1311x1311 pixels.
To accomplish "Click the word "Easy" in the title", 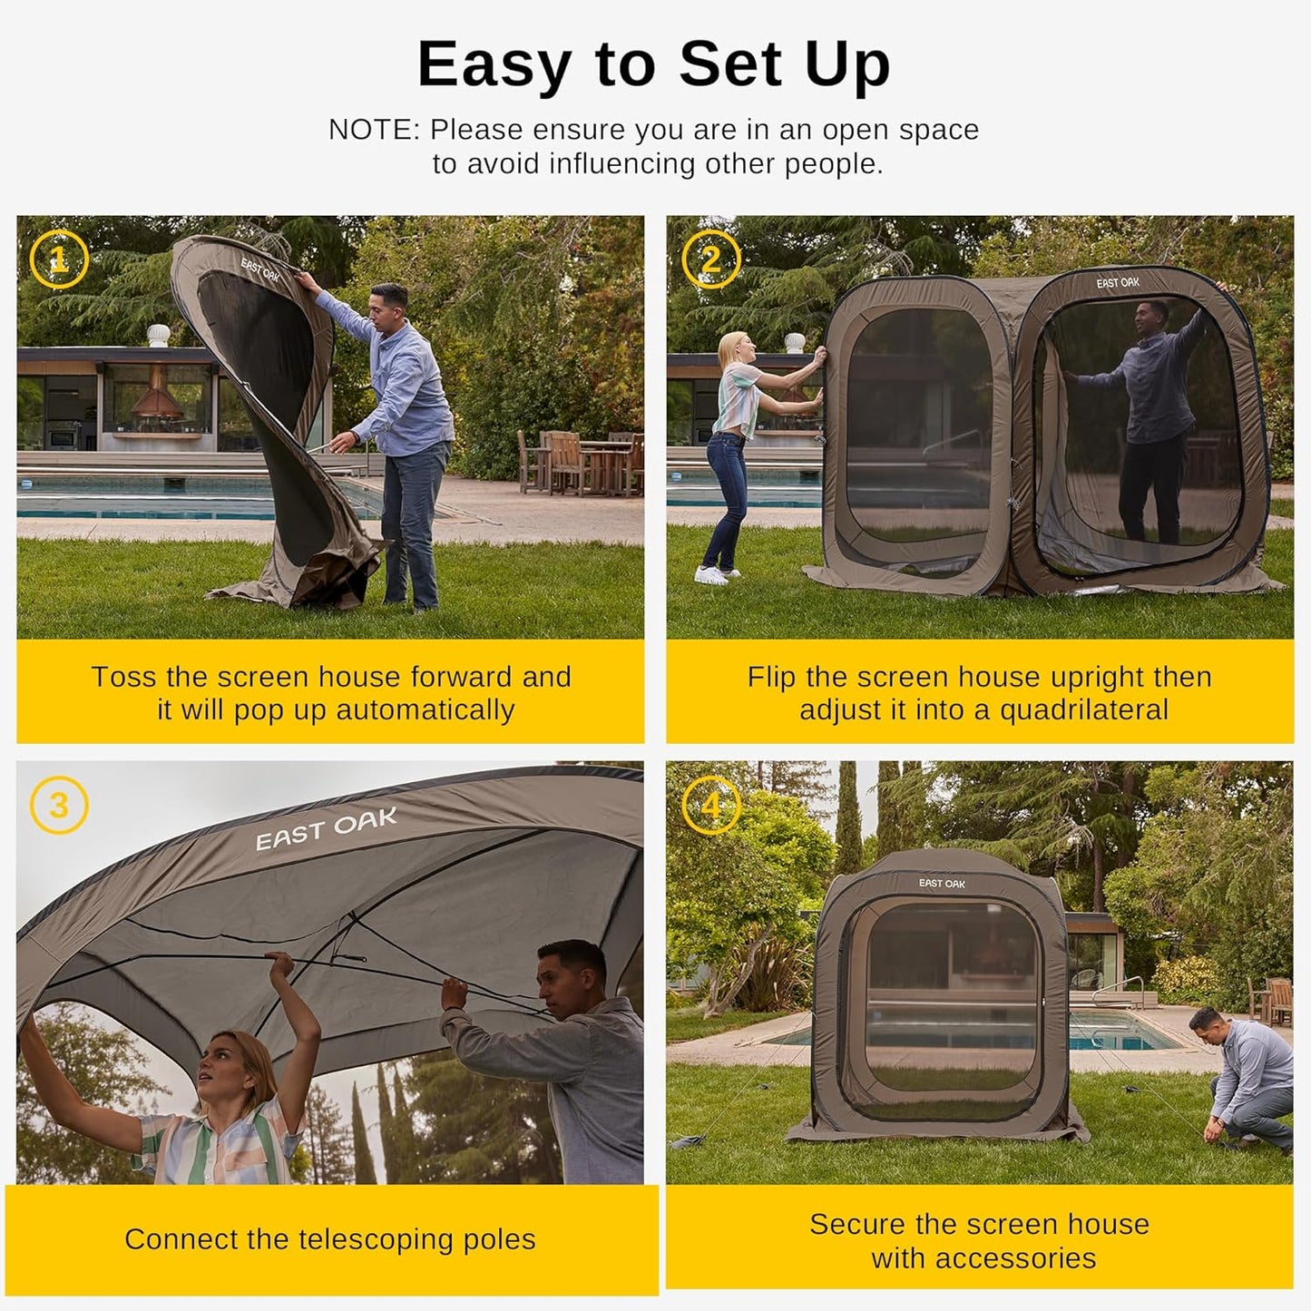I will (x=494, y=65).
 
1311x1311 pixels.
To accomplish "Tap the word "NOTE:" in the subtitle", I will (x=374, y=130).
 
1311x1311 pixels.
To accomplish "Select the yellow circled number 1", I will (x=59, y=260).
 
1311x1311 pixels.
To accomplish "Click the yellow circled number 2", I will (x=710, y=260).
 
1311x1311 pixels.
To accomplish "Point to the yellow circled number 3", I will (x=59, y=805).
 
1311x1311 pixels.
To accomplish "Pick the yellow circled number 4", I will (x=710, y=805).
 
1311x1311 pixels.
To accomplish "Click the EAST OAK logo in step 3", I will (x=327, y=830).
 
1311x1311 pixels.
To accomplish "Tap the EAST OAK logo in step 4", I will (x=942, y=883).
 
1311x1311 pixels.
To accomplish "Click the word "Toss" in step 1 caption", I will (x=123, y=677).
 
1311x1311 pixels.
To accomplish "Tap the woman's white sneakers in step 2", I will (x=714, y=575).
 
